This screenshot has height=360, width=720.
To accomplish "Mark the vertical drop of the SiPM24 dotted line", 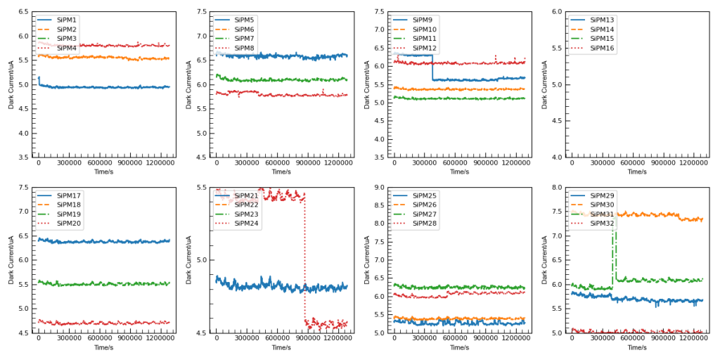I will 305,260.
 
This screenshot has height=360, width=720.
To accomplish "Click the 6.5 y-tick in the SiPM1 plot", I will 23,12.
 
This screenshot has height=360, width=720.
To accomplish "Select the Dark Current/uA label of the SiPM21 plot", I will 188,260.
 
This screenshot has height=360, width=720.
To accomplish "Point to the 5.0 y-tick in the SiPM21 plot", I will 201,260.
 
